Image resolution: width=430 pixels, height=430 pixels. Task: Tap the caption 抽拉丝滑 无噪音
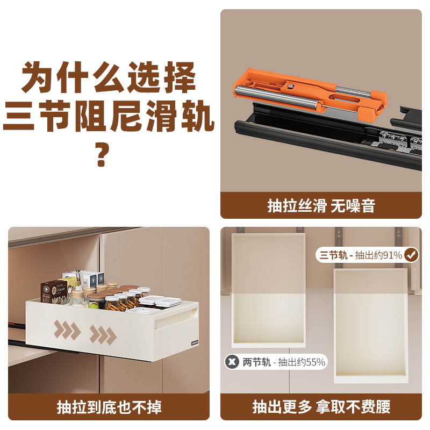click(x=321, y=205)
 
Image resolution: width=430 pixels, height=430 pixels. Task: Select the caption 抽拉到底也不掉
click(x=109, y=407)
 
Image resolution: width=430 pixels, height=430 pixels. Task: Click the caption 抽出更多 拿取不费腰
click(x=321, y=407)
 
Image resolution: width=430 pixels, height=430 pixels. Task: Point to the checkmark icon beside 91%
click(x=411, y=255)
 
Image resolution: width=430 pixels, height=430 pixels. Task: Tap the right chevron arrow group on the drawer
click(x=103, y=334)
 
